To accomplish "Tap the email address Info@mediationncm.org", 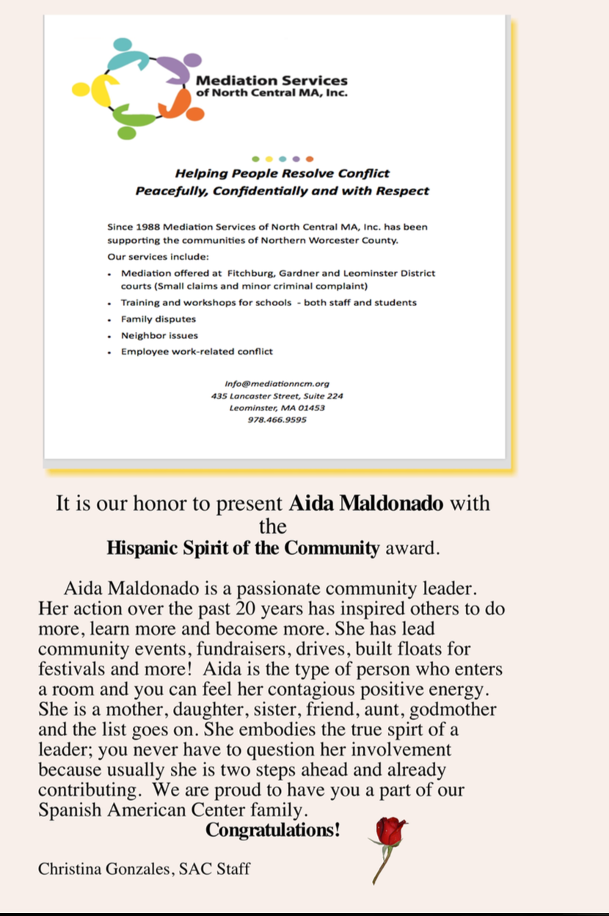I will pyautogui.click(x=277, y=383).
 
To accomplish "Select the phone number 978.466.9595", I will pyautogui.click(x=277, y=420).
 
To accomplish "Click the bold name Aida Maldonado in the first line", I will pyautogui.click(x=366, y=504).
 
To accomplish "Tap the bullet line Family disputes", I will pyautogui.click(x=158, y=319).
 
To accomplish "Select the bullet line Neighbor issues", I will pyautogui.click(x=159, y=335).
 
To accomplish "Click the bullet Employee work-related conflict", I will pyautogui.click(x=197, y=352).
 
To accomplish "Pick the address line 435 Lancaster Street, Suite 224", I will pyautogui.click(x=277, y=396).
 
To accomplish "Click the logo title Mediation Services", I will pyautogui.click(x=271, y=81).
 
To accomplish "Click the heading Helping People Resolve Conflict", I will pyautogui.click(x=282, y=174).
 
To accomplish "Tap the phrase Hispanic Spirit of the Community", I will pyautogui.click(x=243, y=548).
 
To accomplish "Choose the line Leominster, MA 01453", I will pyautogui.click(x=277, y=407).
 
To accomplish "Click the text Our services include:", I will pyautogui.click(x=158, y=257).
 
